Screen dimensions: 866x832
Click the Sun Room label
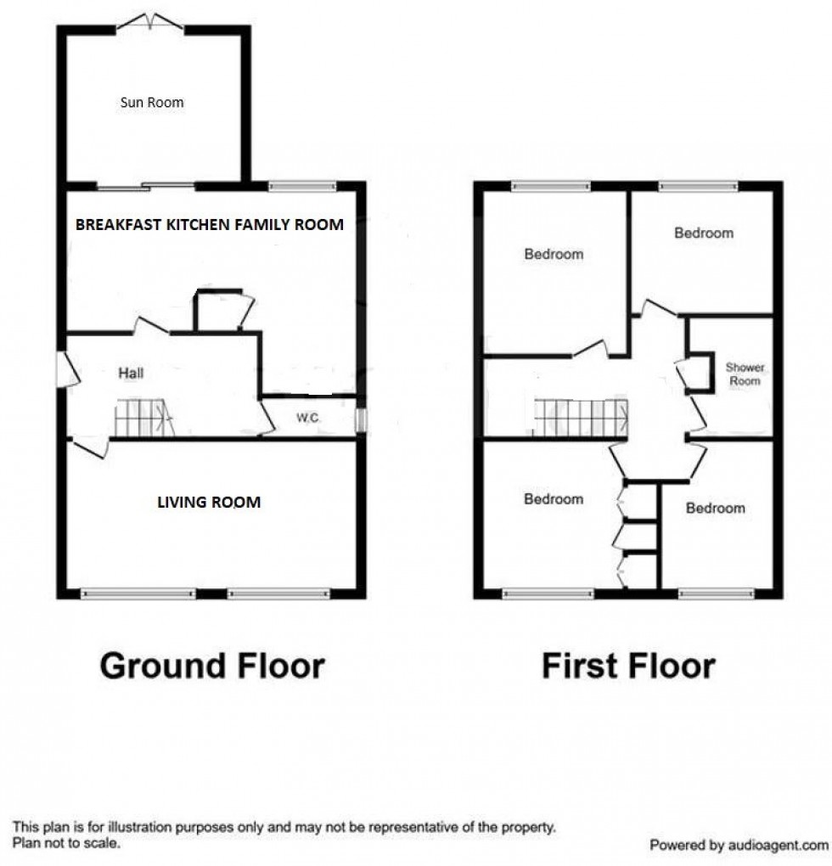[x=151, y=103]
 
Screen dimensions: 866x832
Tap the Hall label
[x=131, y=372]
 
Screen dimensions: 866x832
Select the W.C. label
[x=306, y=418]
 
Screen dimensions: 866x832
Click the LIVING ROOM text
[x=209, y=503]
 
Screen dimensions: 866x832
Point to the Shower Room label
[x=744, y=374]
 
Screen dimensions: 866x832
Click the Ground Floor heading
[x=212, y=666]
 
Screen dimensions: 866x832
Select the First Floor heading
[x=628, y=666]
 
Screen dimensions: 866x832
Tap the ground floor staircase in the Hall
[x=143, y=419]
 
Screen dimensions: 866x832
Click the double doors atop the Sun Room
[x=150, y=23]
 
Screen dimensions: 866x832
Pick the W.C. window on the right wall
[x=360, y=419]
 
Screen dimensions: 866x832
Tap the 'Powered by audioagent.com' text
[x=738, y=846]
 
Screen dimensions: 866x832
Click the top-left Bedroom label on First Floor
[x=554, y=254]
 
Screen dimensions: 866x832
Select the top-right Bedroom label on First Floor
[x=703, y=233]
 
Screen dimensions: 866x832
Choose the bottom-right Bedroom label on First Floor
[x=715, y=508]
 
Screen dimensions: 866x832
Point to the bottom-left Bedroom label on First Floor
[x=554, y=499]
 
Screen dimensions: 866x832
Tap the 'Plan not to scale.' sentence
[x=66, y=843]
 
